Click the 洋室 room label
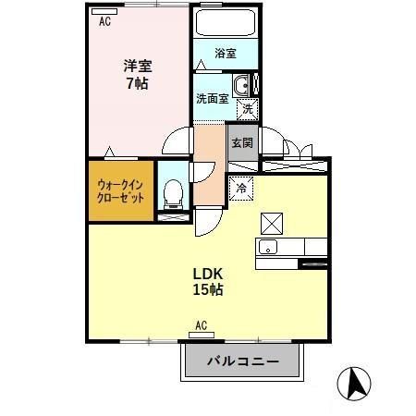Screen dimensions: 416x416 [138, 66]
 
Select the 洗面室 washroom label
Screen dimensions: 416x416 [212, 98]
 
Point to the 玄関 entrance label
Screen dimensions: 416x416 [242, 143]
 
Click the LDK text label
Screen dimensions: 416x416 [208, 273]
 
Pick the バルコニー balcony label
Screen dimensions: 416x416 [243, 361]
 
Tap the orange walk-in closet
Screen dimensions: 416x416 [120, 191]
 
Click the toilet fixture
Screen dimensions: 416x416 [170, 193]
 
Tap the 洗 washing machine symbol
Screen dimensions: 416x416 [248, 109]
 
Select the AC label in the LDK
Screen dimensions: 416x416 [201, 325]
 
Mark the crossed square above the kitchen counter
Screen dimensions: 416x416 [272, 223]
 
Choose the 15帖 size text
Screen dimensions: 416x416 [208, 289]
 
